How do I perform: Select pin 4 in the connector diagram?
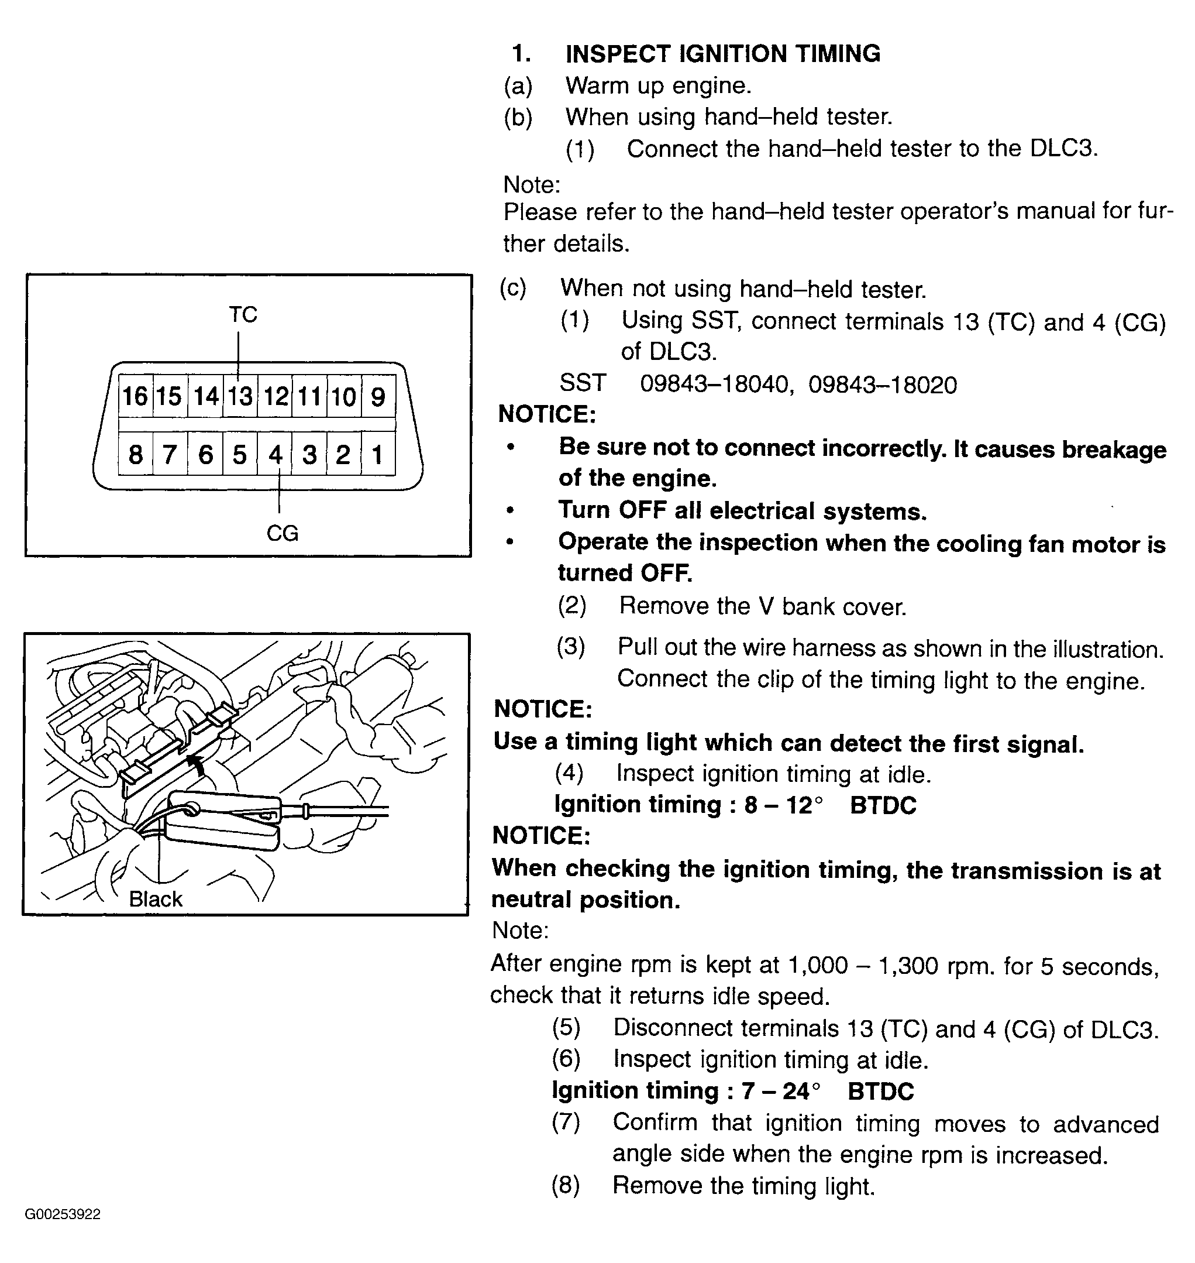274,454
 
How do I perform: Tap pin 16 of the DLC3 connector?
135,396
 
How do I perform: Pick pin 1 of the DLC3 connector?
378,454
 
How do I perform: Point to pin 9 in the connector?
378,396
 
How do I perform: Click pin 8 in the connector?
135,454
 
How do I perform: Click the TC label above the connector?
243,315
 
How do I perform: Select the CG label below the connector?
282,533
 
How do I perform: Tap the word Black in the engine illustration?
156,899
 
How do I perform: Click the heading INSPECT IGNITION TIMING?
723,53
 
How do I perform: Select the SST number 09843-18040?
715,385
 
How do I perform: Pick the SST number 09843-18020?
883,385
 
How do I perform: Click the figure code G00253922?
63,1214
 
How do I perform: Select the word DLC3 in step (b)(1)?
1064,149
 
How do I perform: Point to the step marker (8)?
566,1185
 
